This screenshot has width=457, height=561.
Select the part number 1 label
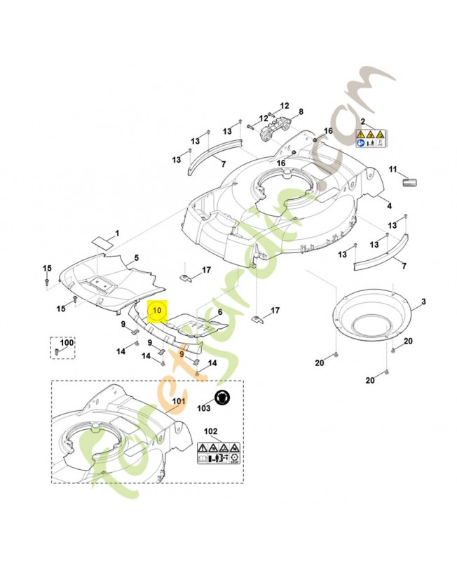coord(117,233)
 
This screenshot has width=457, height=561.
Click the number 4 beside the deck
coord(136,258)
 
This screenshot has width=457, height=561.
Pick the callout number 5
coord(219,312)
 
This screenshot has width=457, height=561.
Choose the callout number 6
coord(301,111)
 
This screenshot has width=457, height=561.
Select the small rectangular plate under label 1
coord(102,243)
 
